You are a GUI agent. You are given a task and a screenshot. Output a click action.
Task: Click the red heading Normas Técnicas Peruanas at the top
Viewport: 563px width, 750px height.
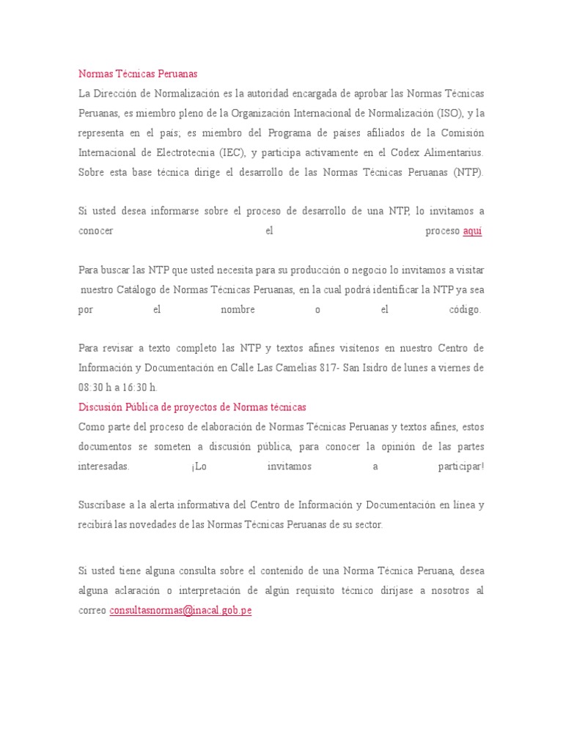click(x=138, y=74)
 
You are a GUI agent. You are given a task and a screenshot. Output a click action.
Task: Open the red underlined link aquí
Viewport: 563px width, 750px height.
click(x=473, y=231)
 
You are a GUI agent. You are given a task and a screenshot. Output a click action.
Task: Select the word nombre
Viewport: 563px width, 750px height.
click(x=238, y=310)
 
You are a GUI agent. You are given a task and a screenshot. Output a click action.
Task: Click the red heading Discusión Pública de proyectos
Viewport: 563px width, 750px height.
click(x=192, y=406)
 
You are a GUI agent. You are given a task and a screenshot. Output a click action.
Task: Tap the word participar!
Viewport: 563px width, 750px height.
click(x=461, y=467)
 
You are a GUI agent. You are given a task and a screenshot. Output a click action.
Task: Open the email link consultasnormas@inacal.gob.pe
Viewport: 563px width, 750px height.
click(x=180, y=610)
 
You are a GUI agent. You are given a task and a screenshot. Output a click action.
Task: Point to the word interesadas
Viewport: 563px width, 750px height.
click(x=104, y=467)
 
